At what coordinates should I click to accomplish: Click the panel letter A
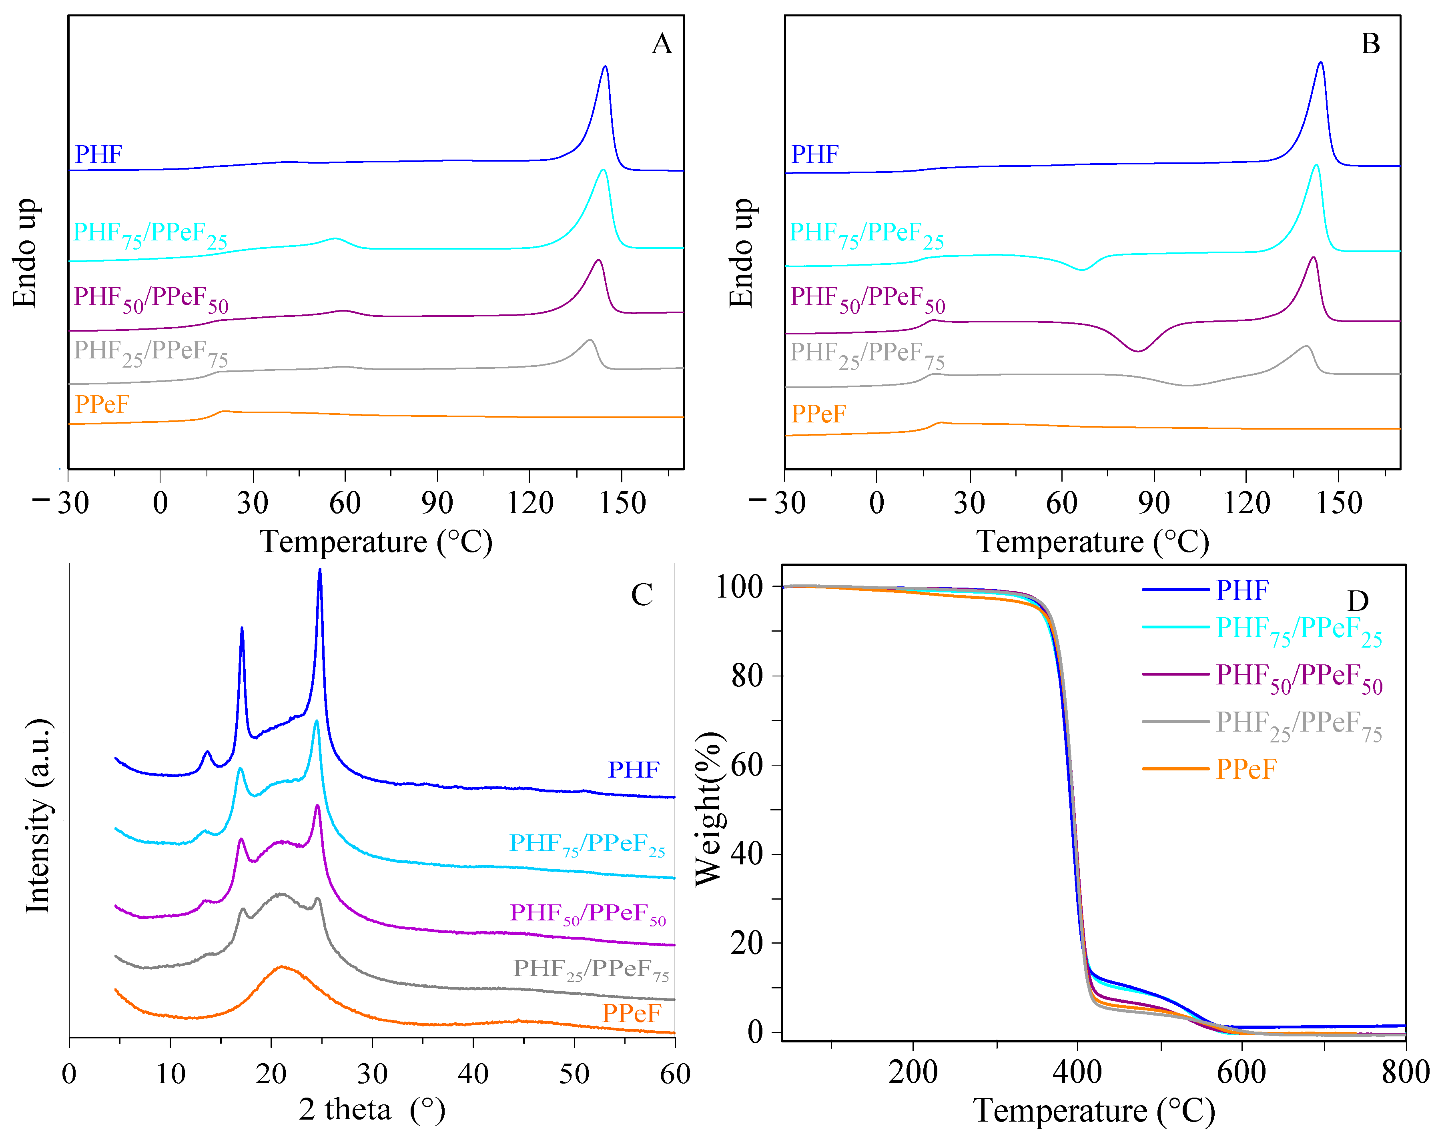coord(661,44)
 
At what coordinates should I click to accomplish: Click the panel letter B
coord(1370,44)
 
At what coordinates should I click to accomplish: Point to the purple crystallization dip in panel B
coord(1138,350)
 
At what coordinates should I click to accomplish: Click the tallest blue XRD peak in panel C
coord(320,571)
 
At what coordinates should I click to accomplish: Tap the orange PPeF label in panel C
coord(631,1013)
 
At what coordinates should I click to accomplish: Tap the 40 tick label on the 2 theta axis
coord(473,1073)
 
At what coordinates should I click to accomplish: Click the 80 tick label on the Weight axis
coord(746,676)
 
